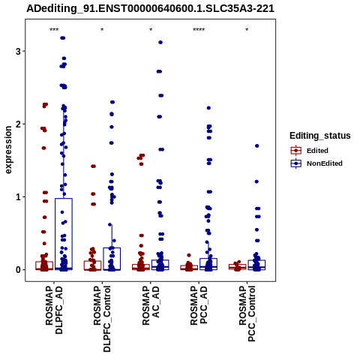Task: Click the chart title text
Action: (x=151, y=9)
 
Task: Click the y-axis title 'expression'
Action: (x=8, y=150)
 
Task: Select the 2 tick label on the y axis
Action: (x=18, y=124)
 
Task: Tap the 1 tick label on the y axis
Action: (x=18, y=197)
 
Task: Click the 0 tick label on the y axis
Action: (x=18, y=270)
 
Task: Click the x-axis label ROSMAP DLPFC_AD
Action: (x=54, y=310)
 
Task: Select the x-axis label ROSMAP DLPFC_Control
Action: (x=102, y=319)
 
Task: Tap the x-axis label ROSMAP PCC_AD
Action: (x=199, y=305)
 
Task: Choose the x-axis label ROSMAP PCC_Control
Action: (x=247, y=313)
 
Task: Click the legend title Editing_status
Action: (x=320, y=136)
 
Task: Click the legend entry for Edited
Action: (x=317, y=151)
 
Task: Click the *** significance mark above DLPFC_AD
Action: (x=54, y=30)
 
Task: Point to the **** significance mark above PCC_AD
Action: (x=199, y=30)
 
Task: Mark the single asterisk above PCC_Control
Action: (x=247, y=30)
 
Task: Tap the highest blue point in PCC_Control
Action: (x=256, y=145)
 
